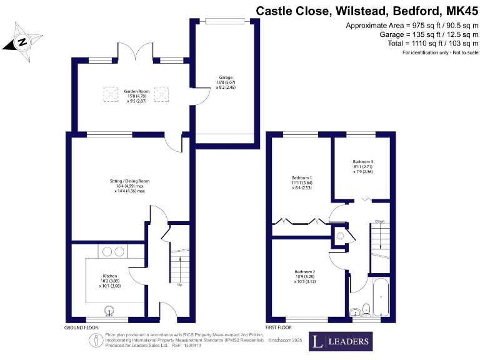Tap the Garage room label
226,84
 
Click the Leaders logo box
341,341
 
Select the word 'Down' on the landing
379,221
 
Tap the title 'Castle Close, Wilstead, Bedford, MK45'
367,11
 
